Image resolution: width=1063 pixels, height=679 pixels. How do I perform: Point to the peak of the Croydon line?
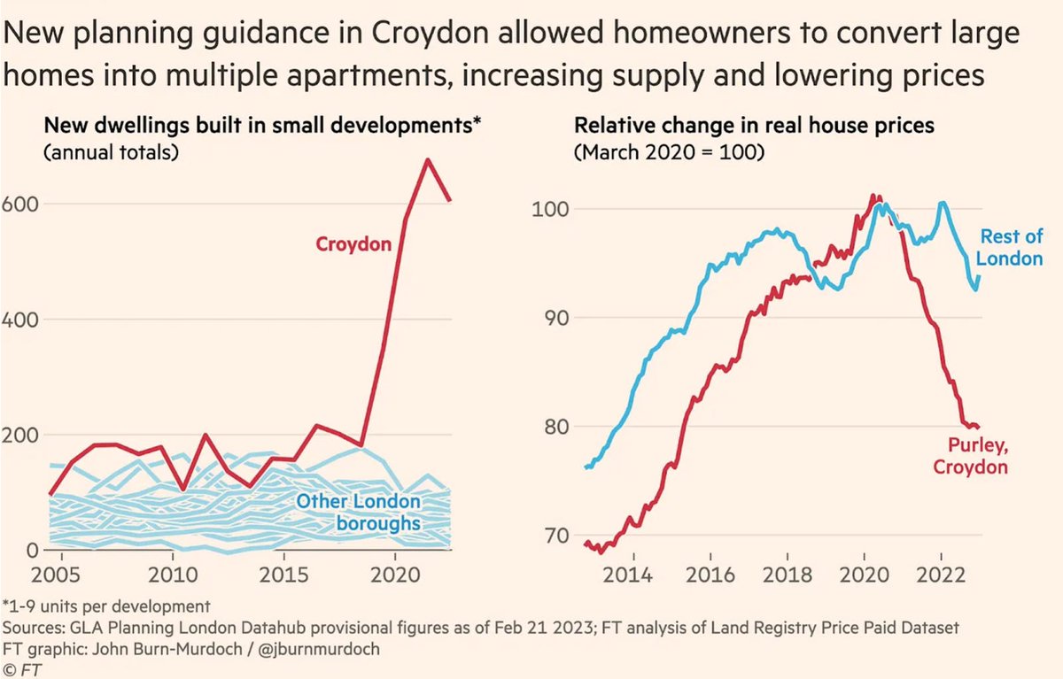point(428,160)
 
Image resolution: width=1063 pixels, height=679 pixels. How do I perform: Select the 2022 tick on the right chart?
point(941,575)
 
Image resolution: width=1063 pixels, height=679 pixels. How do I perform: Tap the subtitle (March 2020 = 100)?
point(670,151)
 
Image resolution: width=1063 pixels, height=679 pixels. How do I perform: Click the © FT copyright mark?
point(21,667)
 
